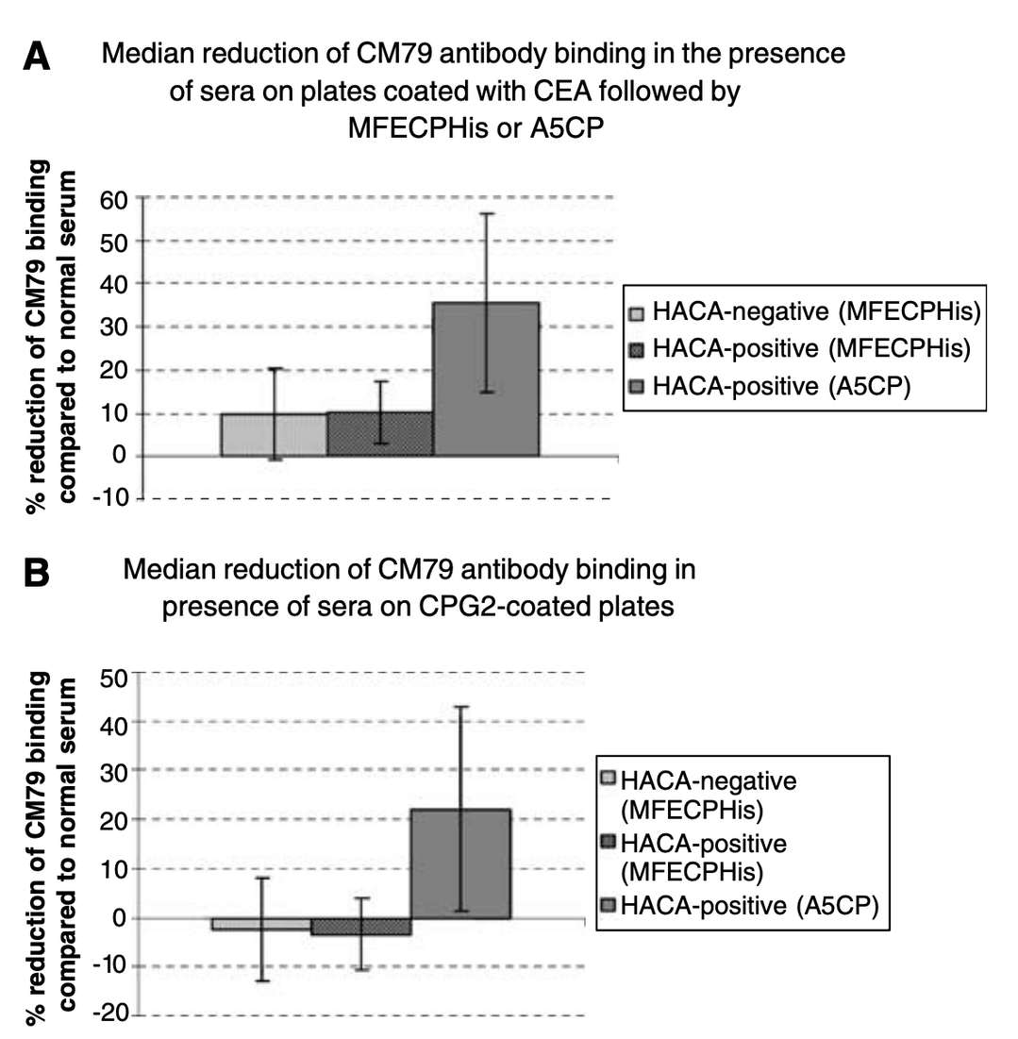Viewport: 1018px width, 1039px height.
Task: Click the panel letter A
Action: pos(37,58)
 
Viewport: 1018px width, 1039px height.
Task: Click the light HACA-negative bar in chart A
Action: pos(274,435)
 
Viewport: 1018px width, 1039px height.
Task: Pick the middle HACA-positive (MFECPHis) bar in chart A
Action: pos(380,434)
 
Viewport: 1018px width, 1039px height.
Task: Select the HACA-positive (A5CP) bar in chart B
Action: pos(459,863)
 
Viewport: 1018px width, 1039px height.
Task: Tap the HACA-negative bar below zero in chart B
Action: pos(261,924)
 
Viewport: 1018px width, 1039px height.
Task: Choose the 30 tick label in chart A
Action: pos(115,327)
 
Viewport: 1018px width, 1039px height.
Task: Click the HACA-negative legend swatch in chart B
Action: pos(609,779)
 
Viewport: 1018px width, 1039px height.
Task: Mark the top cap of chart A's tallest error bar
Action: pos(486,213)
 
